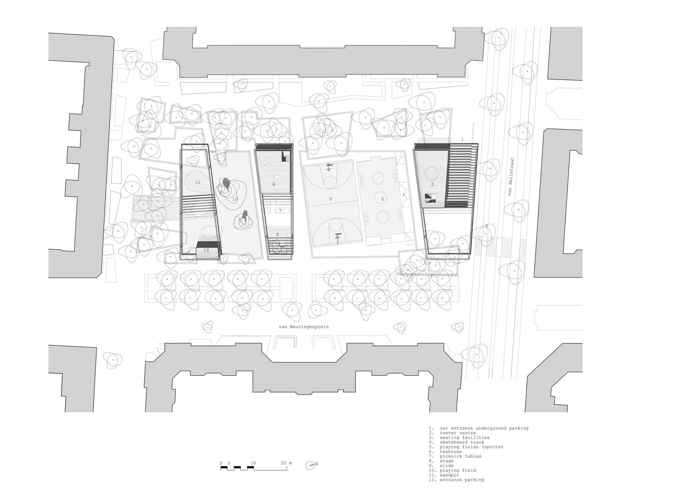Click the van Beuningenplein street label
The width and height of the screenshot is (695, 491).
pyautogui.click(x=304, y=327)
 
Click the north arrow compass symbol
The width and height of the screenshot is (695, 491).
pyautogui.click(x=311, y=466)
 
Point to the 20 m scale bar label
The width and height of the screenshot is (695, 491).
pyautogui.click(x=287, y=463)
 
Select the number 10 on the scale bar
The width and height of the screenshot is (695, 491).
pyautogui.click(x=253, y=463)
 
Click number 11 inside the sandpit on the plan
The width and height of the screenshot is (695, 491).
pyautogui.click(x=198, y=182)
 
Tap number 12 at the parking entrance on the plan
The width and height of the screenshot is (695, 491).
pyautogui.click(x=206, y=250)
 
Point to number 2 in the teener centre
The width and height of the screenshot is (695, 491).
pyautogui.click(x=432, y=184)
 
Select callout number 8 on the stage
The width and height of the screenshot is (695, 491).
pyautogui.click(x=277, y=235)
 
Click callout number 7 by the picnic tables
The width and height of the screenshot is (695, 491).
pyautogui.click(x=280, y=211)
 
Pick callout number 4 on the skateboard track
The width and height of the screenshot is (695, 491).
pyautogui.click(x=404, y=195)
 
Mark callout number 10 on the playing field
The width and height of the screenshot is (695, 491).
pyautogui.click(x=235, y=199)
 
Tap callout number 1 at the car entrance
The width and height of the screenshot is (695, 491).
pyautogui.click(x=462, y=139)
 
